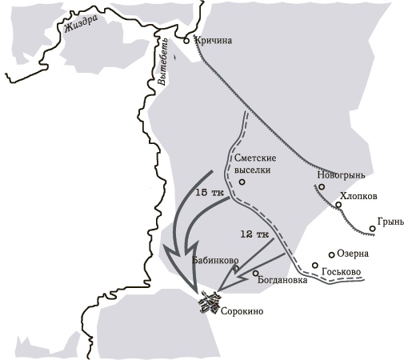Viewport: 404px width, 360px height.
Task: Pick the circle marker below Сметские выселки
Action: [x=242, y=182]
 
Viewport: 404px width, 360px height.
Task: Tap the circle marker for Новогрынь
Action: [x=321, y=187]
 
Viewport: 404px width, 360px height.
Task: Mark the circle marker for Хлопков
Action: [x=338, y=205]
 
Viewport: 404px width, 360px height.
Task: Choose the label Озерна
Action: [x=353, y=254]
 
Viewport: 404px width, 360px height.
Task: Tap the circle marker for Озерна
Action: [x=331, y=255]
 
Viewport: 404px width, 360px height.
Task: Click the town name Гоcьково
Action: [x=341, y=273]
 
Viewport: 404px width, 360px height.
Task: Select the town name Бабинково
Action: [x=216, y=261]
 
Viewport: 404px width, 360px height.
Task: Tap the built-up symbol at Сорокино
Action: [x=209, y=302]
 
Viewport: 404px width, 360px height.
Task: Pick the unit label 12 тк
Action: [x=251, y=234]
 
